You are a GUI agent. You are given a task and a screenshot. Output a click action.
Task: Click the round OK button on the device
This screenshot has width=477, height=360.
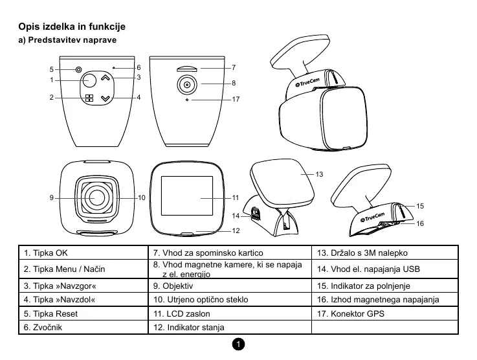click(x=89, y=81)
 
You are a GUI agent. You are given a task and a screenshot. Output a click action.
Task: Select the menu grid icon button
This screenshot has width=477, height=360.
click(x=89, y=98)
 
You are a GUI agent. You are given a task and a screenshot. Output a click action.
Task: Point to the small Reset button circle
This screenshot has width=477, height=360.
click(x=78, y=69)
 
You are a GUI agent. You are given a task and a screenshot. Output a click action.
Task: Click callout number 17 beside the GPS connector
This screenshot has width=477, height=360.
click(x=236, y=100)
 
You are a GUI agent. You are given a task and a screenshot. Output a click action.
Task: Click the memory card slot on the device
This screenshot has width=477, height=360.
click(x=186, y=67)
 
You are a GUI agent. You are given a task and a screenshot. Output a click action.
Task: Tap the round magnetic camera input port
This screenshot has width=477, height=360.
click(x=186, y=84)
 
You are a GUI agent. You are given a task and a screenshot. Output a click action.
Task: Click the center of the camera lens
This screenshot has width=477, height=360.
click(x=98, y=197)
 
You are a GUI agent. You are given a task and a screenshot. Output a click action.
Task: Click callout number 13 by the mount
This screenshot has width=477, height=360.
click(x=319, y=175)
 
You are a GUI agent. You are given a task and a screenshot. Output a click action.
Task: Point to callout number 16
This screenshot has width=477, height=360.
click(x=420, y=223)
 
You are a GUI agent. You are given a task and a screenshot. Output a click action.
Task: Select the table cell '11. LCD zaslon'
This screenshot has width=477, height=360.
click(x=230, y=314)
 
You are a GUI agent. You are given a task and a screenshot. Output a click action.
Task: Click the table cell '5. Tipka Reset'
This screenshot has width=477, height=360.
click(x=84, y=314)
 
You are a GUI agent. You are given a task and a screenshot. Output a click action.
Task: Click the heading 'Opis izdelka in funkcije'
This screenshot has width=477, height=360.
click(x=71, y=27)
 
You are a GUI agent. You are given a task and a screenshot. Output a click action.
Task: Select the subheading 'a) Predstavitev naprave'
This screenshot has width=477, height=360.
click(x=67, y=41)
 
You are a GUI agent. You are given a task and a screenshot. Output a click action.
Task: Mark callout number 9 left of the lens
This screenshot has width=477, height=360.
click(x=51, y=197)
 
